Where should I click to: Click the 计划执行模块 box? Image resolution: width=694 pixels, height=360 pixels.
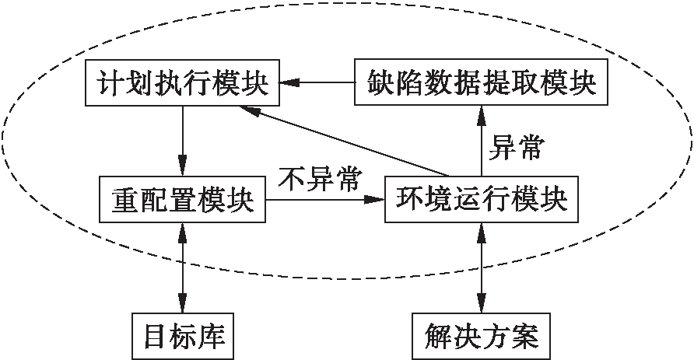pos(182,83)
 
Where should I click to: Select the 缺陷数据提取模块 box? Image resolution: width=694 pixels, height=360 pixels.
pos(476,83)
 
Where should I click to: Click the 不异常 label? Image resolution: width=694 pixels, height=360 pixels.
pos(320,180)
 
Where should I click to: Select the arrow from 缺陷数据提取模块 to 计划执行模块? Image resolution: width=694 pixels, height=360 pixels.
pos(319,82)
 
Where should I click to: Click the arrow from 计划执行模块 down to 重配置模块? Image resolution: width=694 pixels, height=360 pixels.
pos(182,140)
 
